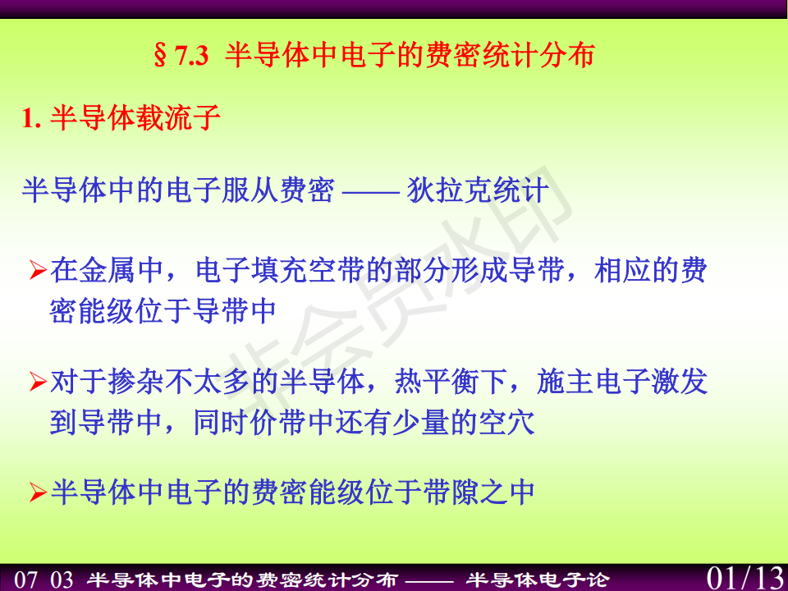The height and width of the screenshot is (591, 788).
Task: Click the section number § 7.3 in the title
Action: pos(181,55)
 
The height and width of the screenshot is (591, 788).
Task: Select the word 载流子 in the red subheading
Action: pos(178,118)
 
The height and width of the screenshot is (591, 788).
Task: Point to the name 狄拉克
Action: pos(450,190)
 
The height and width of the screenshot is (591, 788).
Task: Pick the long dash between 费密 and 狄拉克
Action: pos(371,191)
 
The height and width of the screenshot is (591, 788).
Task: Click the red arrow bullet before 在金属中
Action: pos(39,270)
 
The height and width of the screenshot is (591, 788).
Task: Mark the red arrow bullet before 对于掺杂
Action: pos(39,382)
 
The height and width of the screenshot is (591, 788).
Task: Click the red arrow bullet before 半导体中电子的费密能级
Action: pos(39,492)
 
